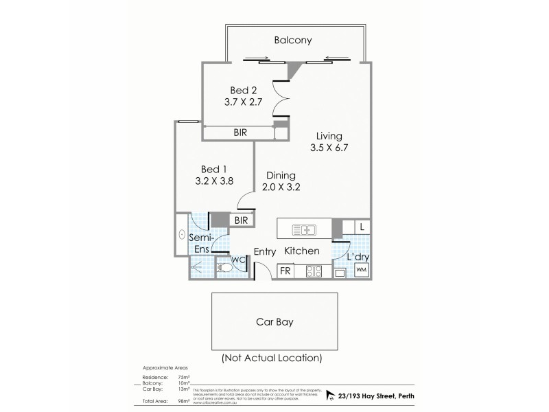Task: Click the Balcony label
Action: pyautogui.click(x=293, y=41)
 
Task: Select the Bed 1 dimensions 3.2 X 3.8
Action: pyautogui.click(x=213, y=182)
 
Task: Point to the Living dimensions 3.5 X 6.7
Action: pyautogui.click(x=325, y=148)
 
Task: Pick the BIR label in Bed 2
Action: pyautogui.click(x=240, y=133)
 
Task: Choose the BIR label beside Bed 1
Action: pyautogui.click(x=241, y=220)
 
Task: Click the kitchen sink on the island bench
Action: pyautogui.click(x=303, y=229)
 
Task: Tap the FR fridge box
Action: pyautogui.click(x=285, y=271)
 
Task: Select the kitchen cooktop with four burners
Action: pyautogui.click(x=314, y=271)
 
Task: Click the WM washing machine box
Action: pyautogui.click(x=361, y=271)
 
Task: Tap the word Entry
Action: pyautogui.click(x=264, y=252)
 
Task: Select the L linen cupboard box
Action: pyautogui.click(x=362, y=227)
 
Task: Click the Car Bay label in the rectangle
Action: pyautogui.click(x=274, y=321)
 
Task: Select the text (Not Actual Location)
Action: pyautogui.click(x=271, y=358)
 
